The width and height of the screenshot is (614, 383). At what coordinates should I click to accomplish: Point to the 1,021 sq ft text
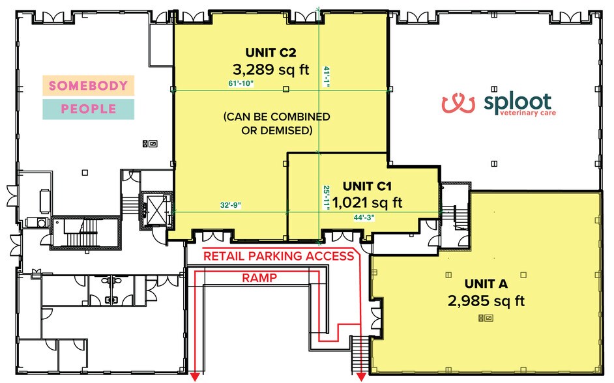tap(368, 203)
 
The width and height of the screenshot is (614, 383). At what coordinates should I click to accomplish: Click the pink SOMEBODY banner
tap(88, 85)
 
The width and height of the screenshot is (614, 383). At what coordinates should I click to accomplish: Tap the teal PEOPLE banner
tap(88, 109)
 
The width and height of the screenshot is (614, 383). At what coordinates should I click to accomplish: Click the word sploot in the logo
tap(517, 102)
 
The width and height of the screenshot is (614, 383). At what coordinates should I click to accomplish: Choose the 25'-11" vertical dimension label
tap(326, 195)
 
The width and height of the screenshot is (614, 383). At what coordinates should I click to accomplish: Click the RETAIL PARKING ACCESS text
tap(278, 256)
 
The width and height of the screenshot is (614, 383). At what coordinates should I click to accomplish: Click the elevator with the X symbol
tap(155, 207)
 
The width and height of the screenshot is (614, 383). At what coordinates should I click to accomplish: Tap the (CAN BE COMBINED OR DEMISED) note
tap(276, 124)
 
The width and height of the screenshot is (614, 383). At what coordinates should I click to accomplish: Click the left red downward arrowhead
tap(194, 377)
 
